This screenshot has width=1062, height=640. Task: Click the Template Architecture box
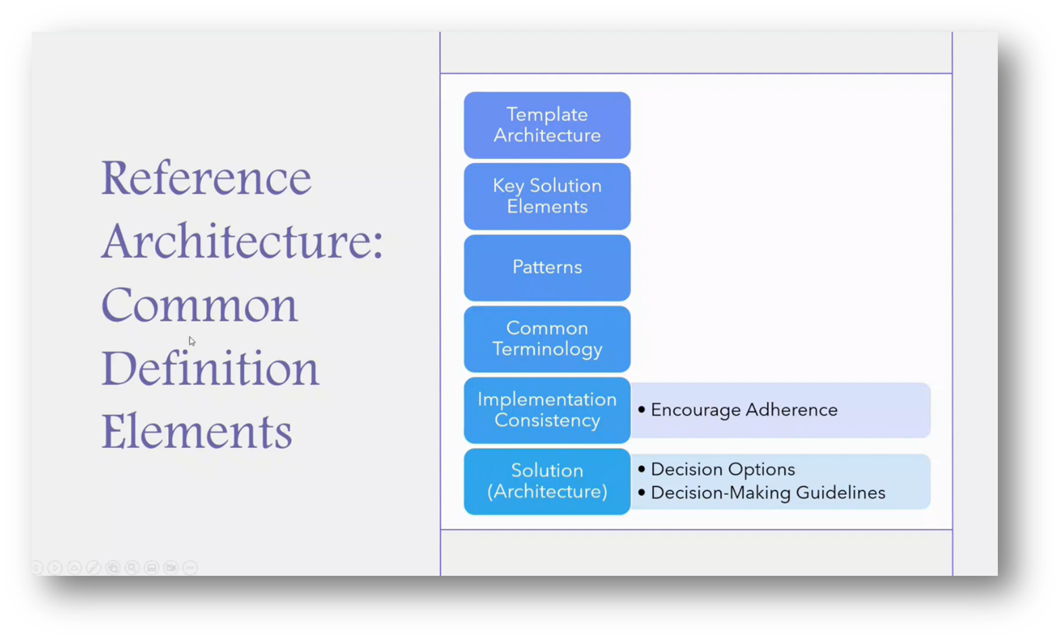click(547, 125)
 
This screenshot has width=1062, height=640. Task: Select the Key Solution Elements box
click(547, 196)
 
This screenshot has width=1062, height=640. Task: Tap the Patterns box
click(547, 267)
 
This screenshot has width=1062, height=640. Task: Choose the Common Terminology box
click(547, 339)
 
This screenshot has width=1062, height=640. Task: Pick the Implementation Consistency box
click(547, 410)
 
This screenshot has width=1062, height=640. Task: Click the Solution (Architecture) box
click(547, 481)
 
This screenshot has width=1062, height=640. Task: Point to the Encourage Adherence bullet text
click(743, 410)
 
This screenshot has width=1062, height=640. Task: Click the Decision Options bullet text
click(722, 469)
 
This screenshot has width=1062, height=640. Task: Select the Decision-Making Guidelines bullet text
click(767, 493)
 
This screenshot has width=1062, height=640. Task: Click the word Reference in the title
click(206, 178)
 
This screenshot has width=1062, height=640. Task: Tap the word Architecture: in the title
click(242, 242)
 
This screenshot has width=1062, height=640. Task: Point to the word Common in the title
click(199, 305)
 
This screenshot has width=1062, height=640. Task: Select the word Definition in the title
click(209, 369)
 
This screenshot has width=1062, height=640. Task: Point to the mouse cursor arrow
click(191, 341)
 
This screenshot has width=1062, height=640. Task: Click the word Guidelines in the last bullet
click(840, 493)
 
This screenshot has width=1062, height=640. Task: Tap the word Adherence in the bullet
click(791, 410)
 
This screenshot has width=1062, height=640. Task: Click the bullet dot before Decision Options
click(641, 469)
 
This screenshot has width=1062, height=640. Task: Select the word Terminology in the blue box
click(547, 349)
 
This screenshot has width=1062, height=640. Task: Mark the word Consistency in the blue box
click(547, 420)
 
